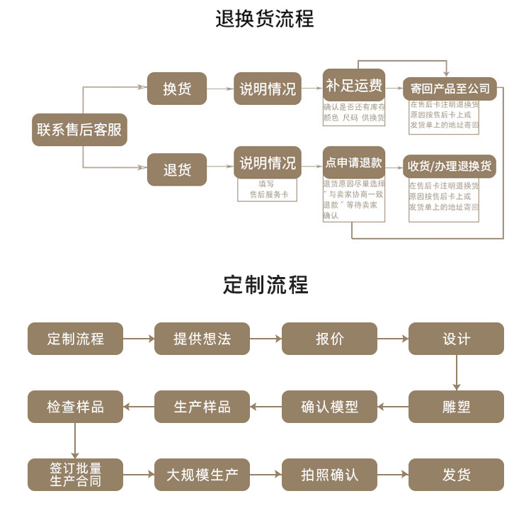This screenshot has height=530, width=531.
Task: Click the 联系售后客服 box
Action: tap(79, 130)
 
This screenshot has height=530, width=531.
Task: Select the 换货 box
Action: tap(177, 89)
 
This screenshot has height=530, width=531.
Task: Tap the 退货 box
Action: tap(177, 170)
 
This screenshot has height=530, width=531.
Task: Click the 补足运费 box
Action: tap(354, 86)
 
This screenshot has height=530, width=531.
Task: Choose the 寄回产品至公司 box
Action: tap(450, 89)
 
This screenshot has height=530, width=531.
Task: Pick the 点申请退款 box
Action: tap(354, 163)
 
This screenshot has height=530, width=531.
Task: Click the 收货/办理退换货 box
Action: tap(450, 167)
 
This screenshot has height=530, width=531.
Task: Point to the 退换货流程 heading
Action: tap(265, 19)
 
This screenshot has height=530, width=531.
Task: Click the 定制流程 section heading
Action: tap(265, 285)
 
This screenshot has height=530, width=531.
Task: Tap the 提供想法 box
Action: tap(202, 339)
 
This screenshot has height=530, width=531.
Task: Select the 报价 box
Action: tap(329, 339)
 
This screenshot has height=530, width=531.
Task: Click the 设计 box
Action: tap(457, 339)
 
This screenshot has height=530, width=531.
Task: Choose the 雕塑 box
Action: tap(457, 407)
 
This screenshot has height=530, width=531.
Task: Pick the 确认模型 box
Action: tap(329, 407)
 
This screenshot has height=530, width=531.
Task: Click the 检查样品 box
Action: tap(75, 407)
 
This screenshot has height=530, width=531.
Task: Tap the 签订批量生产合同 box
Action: tap(75, 475)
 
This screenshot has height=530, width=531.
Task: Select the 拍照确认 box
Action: tap(329, 475)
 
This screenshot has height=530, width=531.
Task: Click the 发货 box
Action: tap(457, 475)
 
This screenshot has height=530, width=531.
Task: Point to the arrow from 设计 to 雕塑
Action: tap(457, 373)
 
